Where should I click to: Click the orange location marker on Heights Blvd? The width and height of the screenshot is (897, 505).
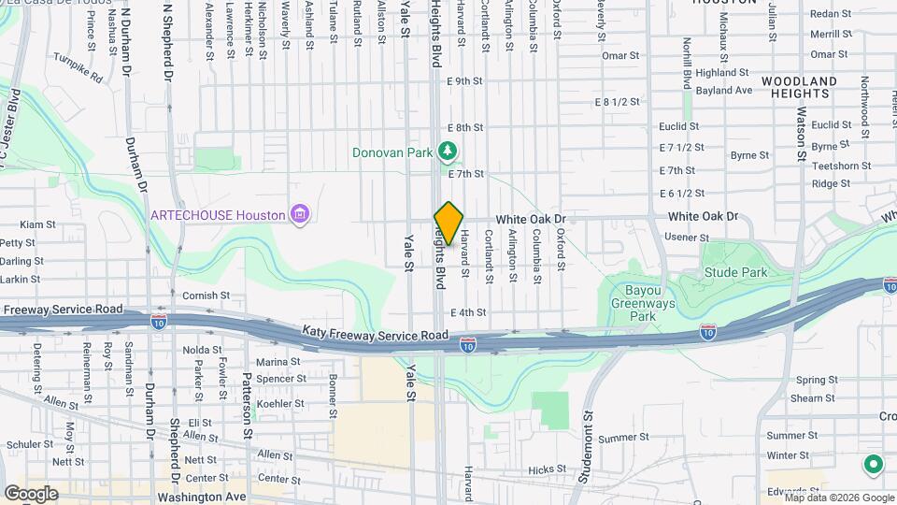click(x=448, y=224)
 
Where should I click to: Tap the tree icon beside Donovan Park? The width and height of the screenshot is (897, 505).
click(x=448, y=151)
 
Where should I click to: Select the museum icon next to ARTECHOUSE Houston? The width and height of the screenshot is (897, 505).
click(x=299, y=215)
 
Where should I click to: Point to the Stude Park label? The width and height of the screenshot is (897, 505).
click(x=736, y=273)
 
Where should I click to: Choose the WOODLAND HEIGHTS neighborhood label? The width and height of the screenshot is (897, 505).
click(x=799, y=87)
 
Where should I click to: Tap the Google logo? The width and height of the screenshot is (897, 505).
click(x=30, y=493)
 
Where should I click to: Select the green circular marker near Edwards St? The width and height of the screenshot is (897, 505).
click(x=874, y=463)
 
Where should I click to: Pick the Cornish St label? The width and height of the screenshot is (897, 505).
click(x=206, y=296)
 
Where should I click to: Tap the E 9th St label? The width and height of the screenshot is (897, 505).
click(x=464, y=81)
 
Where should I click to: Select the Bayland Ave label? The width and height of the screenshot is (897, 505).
click(x=724, y=91)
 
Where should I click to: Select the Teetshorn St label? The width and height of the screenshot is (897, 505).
click(x=841, y=166)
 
